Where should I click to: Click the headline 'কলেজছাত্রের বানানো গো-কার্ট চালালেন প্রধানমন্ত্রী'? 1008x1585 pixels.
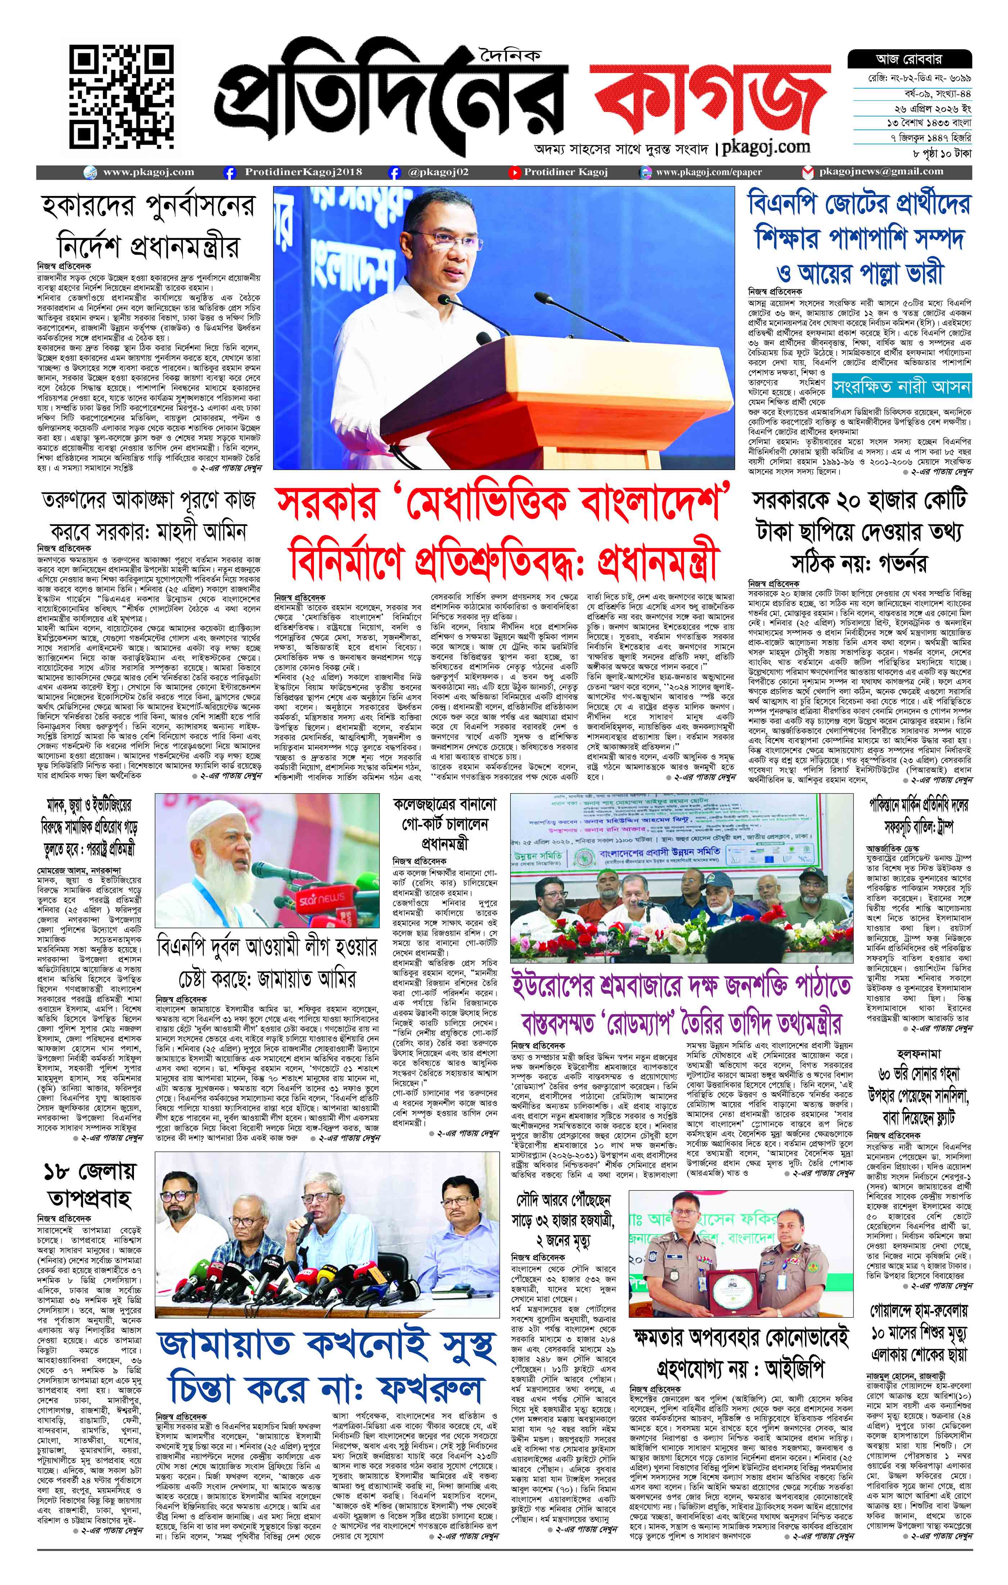(x=445, y=823)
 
